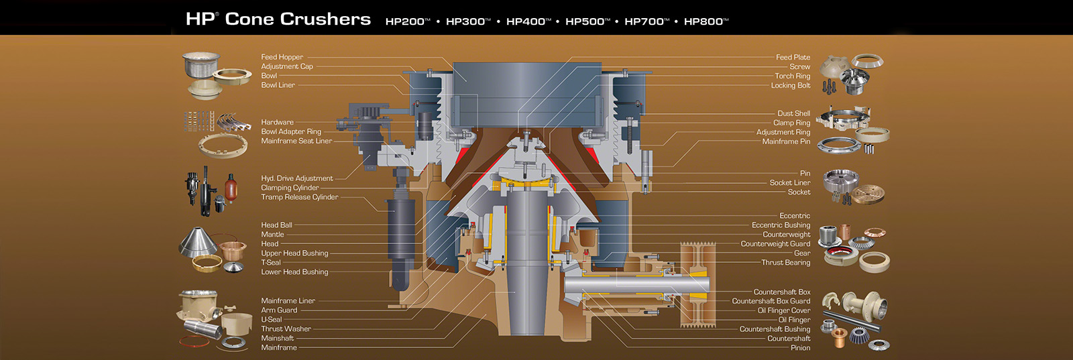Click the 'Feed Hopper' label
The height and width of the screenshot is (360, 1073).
pos(282,57)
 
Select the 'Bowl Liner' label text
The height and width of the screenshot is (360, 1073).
pos(278,85)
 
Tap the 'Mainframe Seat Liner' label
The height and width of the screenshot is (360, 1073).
pos(296,141)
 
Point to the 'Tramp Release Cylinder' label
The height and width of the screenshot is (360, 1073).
pos(299,197)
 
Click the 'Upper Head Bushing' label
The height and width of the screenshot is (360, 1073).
pos(294,253)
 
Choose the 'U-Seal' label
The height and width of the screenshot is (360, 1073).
pos(271,320)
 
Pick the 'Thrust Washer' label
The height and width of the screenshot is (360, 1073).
pos(286,329)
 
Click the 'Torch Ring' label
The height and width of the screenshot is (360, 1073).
pos(792,76)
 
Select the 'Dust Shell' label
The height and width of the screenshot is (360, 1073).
pos(794,113)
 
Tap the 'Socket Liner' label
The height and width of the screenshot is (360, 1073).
pos(790,183)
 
